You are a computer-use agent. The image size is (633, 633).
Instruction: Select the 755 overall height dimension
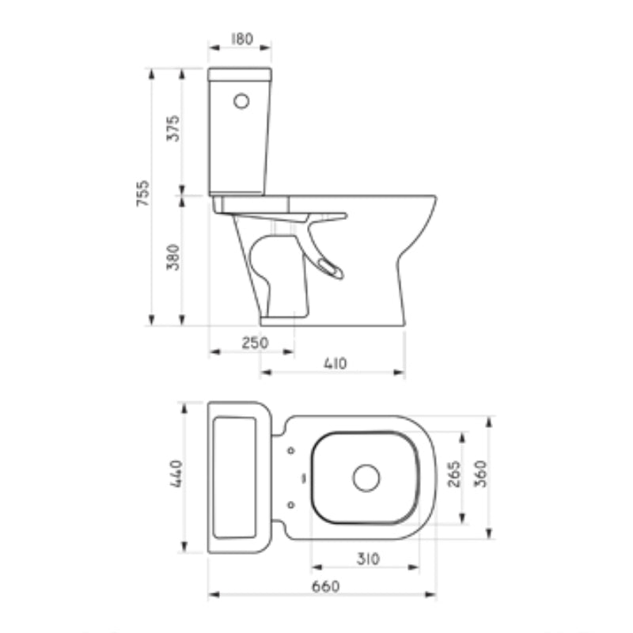(144, 194)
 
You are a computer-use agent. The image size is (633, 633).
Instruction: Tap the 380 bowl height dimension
(172, 258)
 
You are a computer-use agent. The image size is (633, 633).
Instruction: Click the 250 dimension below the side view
(255, 343)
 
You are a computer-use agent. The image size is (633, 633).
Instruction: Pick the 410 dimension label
(335, 363)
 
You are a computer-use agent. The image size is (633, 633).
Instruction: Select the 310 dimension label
(366, 559)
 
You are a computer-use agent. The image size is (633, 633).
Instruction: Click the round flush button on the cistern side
(241, 101)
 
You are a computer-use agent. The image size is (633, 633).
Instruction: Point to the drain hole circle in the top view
(366, 477)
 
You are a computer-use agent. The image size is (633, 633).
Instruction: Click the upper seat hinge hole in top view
(291, 451)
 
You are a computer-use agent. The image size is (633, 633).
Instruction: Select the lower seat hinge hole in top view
(291, 504)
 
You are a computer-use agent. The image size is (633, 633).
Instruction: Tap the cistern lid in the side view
(240, 74)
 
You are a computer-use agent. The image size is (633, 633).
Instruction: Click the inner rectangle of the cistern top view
(235, 477)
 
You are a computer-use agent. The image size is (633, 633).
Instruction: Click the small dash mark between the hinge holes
(303, 478)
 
